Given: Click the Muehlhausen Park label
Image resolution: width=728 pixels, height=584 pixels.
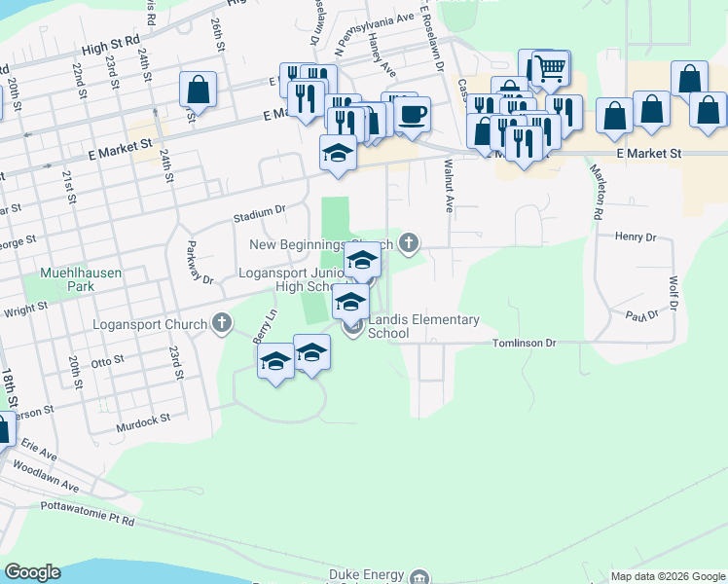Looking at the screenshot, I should pos(81,280).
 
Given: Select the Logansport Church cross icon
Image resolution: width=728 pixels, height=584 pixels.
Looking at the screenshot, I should pos(222,323).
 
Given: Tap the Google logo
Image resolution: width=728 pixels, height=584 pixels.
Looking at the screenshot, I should pos(31,572).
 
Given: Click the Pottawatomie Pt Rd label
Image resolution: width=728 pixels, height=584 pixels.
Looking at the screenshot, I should pos(87,513).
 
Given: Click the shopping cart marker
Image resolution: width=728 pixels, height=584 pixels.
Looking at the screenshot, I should pos(550,68).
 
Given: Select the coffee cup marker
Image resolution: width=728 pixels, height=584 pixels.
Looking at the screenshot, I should pos(412,114).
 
